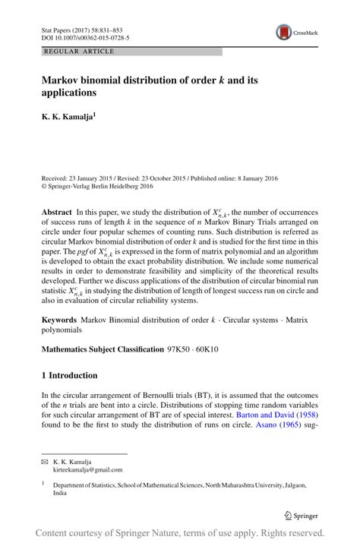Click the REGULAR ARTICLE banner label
click(x=80, y=51)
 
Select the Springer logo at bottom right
click(x=302, y=514)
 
